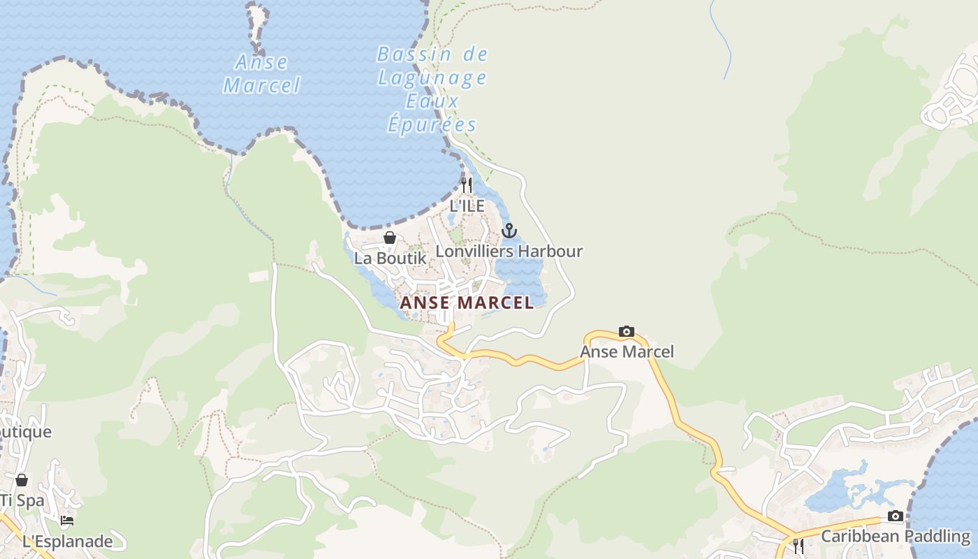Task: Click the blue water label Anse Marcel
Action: [x=261, y=73]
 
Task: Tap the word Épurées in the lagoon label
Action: [x=432, y=124]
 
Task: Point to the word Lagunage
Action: [x=432, y=77]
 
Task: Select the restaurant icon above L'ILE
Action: [x=467, y=185]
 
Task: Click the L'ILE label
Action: [x=467, y=206]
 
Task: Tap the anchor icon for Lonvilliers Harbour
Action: [x=509, y=231]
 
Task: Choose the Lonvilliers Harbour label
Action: [x=509, y=251]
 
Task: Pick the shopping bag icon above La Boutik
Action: [x=390, y=238]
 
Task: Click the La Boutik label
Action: [x=390, y=258]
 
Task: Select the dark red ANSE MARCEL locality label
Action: [x=467, y=303]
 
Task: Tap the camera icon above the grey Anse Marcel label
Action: [x=627, y=331]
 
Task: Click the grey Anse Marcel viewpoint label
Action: [x=627, y=351]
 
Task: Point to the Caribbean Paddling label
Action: [x=895, y=537]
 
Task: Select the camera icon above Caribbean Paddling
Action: [x=895, y=516]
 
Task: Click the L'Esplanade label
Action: [x=68, y=542]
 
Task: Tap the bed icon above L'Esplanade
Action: [x=67, y=521]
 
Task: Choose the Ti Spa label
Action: [x=22, y=500]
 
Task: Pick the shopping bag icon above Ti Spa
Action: [x=22, y=480]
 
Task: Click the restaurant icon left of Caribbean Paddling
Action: [x=798, y=545]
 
